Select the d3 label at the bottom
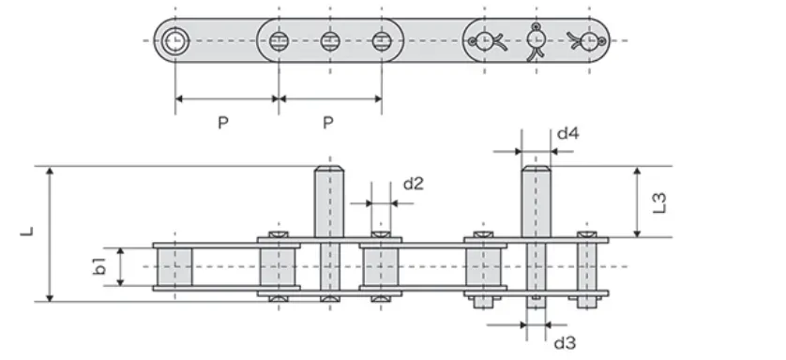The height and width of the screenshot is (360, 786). pos(564,343)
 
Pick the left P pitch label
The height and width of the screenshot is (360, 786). pos(222,123)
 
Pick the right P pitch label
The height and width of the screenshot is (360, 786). pos(328,123)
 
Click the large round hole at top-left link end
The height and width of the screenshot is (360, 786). pos(175,40)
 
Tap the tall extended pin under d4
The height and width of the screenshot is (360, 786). pos(535,202)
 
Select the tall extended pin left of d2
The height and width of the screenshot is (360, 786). pos(327,202)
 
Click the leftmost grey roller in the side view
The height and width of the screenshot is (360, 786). pos(174,266)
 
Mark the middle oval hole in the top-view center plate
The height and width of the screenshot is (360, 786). pos(329,40)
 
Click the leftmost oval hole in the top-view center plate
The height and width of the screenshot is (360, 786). pos(278,40)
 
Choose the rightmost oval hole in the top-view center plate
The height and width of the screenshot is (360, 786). pos(381,40)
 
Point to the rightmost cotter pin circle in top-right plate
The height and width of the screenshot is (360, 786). pos(588,40)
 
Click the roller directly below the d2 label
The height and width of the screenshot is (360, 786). pos(381,266)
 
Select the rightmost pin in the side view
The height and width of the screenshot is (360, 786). pos(588,266)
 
